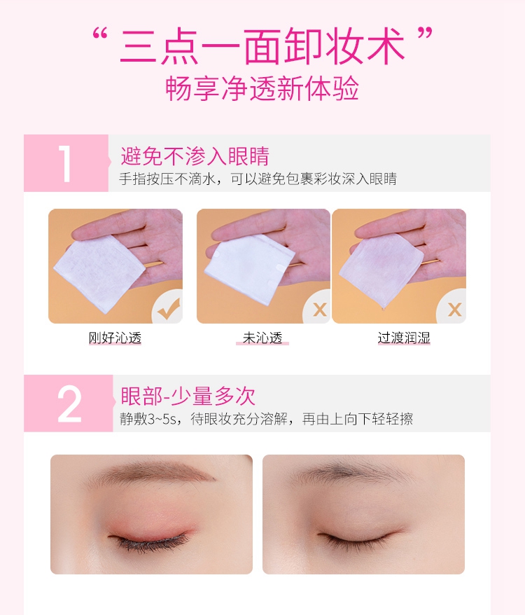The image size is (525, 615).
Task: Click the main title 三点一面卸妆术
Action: [262, 46]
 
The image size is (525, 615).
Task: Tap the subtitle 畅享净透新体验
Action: [262, 88]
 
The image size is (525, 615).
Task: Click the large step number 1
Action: [65, 163]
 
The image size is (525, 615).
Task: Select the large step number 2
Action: [69, 403]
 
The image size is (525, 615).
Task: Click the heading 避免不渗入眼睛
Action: [195, 156]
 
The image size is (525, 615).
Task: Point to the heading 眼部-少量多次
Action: [188, 396]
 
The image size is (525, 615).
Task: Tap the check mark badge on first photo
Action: [169, 308]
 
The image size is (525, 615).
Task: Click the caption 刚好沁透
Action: [115, 338]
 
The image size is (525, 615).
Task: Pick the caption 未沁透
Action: [262, 338]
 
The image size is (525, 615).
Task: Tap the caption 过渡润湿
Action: [404, 338]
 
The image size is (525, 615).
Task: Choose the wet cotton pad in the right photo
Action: [381, 269]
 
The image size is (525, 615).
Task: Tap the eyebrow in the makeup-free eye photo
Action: [351, 472]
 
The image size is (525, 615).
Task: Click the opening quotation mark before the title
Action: [100, 34]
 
